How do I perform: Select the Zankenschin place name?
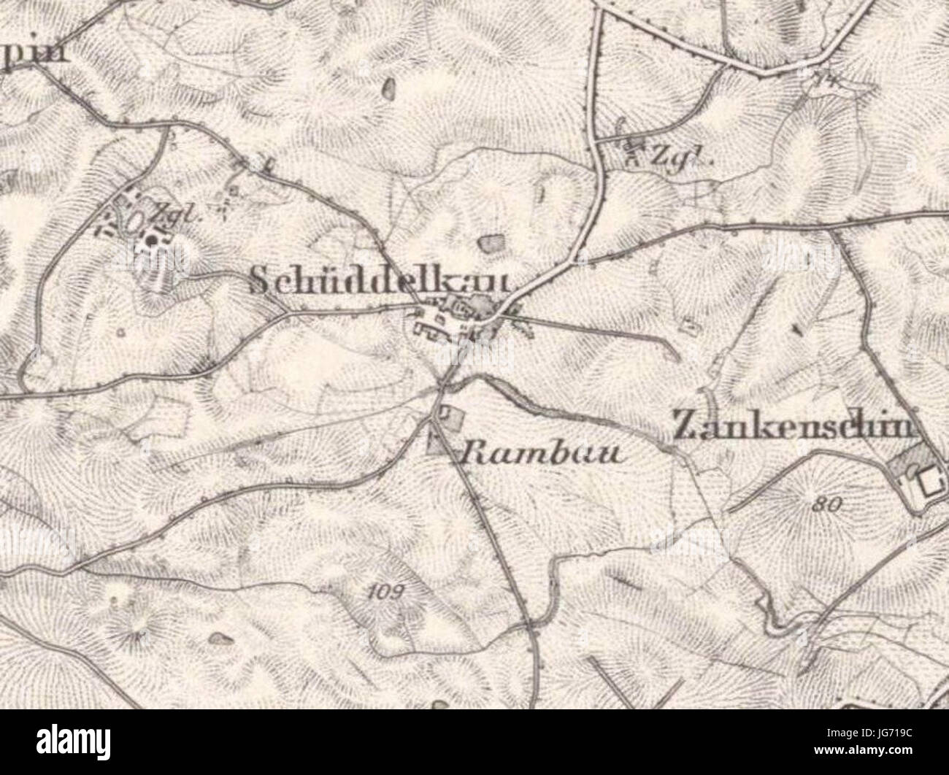pos(793,426)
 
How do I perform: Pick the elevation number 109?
pos(385,592)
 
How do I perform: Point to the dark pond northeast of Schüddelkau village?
pos(491,242)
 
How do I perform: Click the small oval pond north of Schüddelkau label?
pos(388,90)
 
